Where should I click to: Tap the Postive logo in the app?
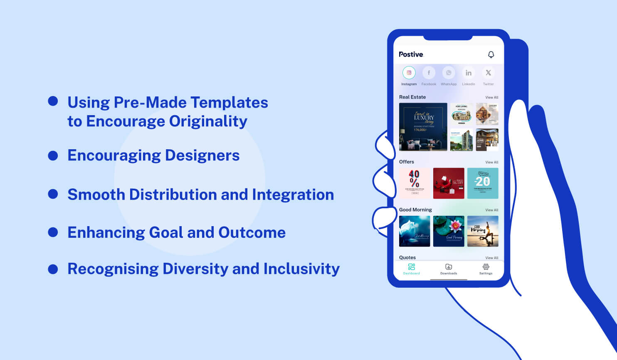pos(411,54)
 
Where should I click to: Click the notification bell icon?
pos(491,54)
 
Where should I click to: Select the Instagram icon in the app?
pos(409,73)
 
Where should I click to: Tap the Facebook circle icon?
pos(429,73)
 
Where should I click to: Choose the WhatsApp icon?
pos(449,73)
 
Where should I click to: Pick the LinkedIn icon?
pos(469,73)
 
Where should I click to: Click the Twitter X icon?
pos(489,73)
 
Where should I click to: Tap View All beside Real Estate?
pos(491,97)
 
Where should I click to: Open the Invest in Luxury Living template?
pos(423,127)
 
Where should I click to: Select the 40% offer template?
pos(415,183)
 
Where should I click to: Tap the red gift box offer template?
pos(449,183)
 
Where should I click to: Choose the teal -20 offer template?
pos(483,183)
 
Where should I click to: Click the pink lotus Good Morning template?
pos(449,231)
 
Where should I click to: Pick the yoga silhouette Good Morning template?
pos(483,231)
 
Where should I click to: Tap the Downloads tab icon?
pos(449,267)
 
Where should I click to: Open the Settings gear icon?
pos(486,267)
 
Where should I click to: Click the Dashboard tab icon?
pos(411,267)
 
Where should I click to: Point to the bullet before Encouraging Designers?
pos(53,155)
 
